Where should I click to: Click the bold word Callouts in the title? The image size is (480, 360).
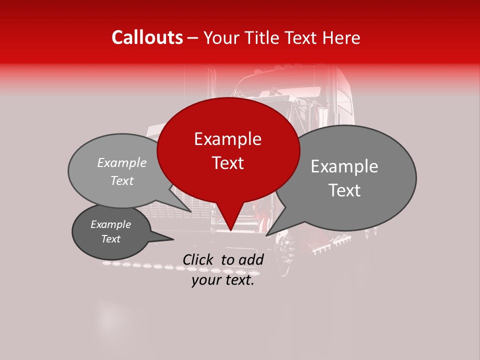(x=147, y=37)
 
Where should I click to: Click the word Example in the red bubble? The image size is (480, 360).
(x=227, y=139)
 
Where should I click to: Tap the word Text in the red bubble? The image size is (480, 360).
(x=227, y=163)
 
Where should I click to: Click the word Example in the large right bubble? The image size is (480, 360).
(x=344, y=166)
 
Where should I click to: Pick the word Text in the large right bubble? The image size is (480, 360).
(x=344, y=190)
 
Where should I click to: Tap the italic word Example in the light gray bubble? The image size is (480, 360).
(x=121, y=163)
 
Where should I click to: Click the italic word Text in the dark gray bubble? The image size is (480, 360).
(x=110, y=239)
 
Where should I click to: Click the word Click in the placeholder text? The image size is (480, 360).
(x=199, y=259)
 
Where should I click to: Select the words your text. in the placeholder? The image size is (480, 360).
(x=223, y=280)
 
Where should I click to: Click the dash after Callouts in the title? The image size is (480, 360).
(x=193, y=38)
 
